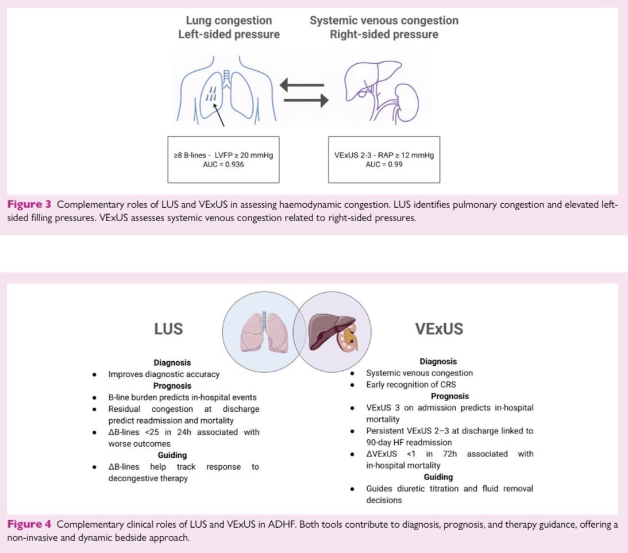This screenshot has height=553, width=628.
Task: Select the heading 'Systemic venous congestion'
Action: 384,21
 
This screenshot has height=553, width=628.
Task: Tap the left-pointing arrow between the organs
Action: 303,85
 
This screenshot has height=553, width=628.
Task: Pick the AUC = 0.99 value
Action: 384,164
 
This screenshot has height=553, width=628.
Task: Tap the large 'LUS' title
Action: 168,329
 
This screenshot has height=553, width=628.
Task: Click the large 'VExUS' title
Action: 438,329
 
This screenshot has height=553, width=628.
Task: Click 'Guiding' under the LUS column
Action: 172,455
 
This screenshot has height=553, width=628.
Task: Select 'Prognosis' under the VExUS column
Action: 449,396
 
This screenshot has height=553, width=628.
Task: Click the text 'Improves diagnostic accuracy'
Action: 164,374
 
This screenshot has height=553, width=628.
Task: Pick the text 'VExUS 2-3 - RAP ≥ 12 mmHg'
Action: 384,154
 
